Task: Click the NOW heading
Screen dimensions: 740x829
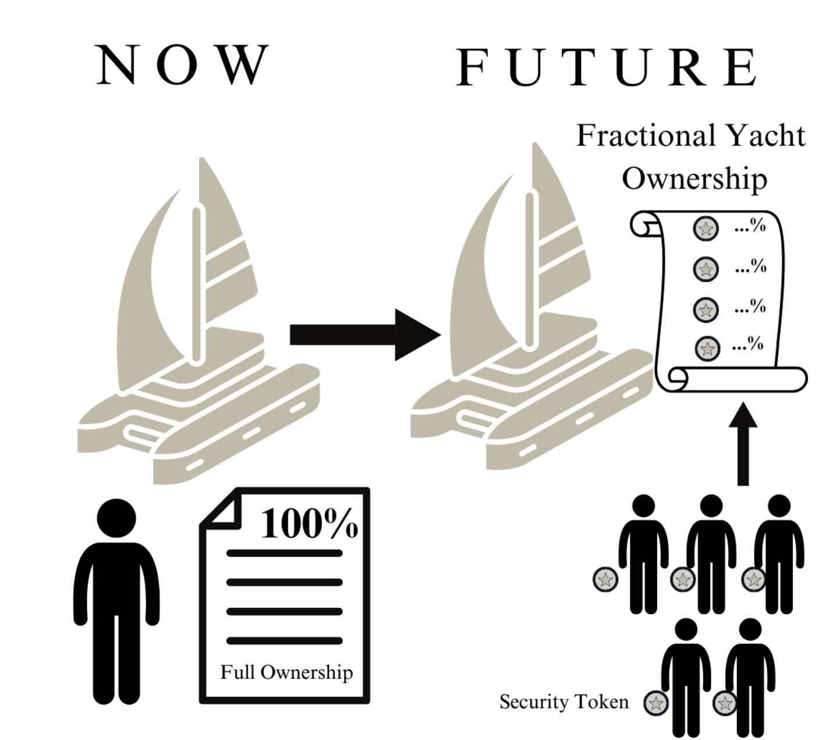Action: (183, 65)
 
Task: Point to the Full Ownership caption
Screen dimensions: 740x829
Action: (286, 672)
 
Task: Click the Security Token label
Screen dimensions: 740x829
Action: (564, 702)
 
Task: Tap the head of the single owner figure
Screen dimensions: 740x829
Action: (117, 518)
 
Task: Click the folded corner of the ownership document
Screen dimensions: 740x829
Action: (222, 507)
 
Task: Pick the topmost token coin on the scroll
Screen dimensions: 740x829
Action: (706, 229)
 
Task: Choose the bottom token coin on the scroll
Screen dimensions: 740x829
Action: (707, 348)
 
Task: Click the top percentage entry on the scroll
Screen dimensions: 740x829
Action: (750, 226)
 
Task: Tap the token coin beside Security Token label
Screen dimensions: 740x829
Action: (655, 703)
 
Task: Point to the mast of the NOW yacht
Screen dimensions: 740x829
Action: (197, 285)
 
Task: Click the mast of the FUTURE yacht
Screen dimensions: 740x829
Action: (529, 271)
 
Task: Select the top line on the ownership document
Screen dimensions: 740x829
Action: (284, 553)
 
